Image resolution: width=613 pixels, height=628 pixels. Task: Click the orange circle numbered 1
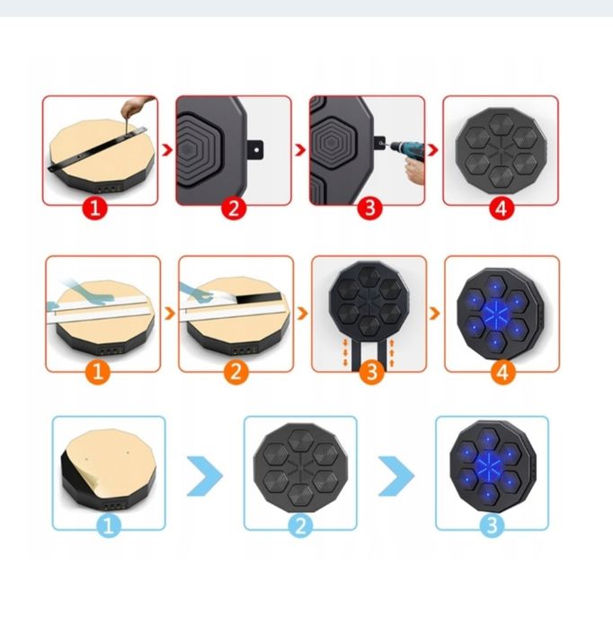[102, 371]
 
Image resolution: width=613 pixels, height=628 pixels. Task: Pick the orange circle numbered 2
[235, 371]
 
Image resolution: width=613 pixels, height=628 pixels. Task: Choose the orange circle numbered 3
[371, 371]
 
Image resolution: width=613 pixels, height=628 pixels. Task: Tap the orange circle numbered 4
[503, 371]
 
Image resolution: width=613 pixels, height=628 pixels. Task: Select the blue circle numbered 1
[108, 527]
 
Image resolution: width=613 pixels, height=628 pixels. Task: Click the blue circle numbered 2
[300, 527]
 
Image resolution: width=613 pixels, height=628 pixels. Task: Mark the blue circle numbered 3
[492, 527]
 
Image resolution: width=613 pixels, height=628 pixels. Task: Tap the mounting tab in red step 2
[258, 146]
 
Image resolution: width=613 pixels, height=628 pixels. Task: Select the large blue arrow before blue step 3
[396, 475]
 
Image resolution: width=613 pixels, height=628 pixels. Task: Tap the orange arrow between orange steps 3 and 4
[435, 314]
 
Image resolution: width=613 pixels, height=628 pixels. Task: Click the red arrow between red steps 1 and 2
[165, 147]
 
